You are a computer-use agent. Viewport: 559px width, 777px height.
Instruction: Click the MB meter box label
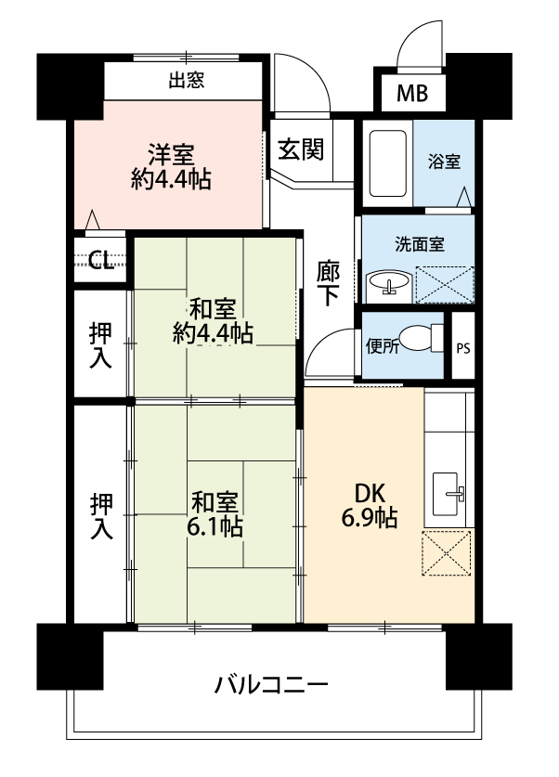tap(412, 93)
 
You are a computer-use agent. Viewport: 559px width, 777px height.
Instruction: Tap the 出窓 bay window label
tap(187, 80)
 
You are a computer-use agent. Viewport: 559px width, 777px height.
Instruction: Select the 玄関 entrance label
tap(301, 149)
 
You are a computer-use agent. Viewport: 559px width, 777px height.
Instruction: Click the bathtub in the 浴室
tap(388, 163)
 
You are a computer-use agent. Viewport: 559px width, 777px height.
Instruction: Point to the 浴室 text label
tap(444, 162)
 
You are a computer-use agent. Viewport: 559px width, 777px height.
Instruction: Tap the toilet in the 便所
tap(422, 338)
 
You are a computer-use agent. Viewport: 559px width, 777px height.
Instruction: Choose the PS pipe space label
tap(463, 348)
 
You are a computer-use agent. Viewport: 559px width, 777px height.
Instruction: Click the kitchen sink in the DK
tap(448, 494)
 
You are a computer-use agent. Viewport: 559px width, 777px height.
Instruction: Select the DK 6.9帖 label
tap(370, 505)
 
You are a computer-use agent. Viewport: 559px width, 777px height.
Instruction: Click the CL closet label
tap(101, 260)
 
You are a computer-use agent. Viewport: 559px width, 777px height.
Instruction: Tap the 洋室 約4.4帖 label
tap(171, 166)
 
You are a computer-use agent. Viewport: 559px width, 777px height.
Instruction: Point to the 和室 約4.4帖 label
tap(213, 321)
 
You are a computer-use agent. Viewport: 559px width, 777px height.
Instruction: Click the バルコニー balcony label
tap(271, 685)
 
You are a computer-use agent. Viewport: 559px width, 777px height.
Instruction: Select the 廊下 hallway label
tap(328, 283)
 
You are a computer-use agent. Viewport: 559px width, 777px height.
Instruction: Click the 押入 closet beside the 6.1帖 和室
tap(101, 516)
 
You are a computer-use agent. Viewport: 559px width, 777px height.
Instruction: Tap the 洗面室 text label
tap(420, 244)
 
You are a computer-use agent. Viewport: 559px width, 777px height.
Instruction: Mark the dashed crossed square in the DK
tap(446, 553)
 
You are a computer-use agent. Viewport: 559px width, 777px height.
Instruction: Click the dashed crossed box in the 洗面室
tap(445, 284)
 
